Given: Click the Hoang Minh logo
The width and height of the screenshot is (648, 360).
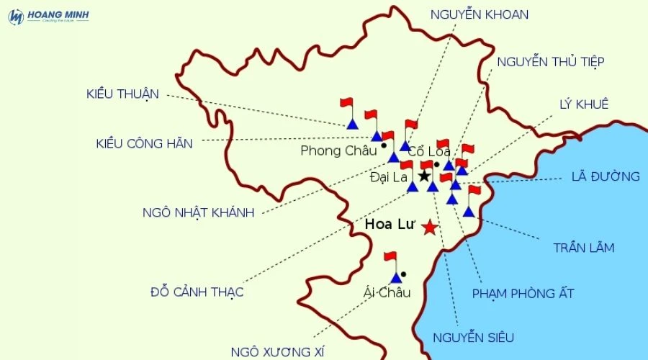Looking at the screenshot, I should click(x=48, y=16).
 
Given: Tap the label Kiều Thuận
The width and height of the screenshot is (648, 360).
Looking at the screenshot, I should click(x=122, y=94).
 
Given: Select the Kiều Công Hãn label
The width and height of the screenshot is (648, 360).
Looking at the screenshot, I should click(x=145, y=143).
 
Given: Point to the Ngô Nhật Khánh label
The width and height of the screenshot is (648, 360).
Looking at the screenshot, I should click(x=199, y=212).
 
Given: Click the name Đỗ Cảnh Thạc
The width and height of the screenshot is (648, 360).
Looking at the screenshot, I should click(x=197, y=292).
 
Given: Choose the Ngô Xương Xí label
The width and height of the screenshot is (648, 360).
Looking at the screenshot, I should click(x=278, y=351).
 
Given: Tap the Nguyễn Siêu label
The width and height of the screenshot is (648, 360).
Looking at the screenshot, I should click(x=473, y=337).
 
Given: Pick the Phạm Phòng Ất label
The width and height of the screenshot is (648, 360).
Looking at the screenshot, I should click(x=523, y=293).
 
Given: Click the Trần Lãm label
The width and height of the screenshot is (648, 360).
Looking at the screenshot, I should click(x=583, y=248).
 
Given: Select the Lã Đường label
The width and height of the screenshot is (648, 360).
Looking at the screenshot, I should click(x=605, y=176).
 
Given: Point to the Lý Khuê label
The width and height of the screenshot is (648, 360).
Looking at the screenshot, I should click(x=583, y=104).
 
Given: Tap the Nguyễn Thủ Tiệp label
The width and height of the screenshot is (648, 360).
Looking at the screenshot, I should click(x=550, y=61).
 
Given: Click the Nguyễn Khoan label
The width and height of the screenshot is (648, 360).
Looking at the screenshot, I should click(x=480, y=14).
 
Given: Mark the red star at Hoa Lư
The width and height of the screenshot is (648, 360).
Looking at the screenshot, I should click(x=429, y=228).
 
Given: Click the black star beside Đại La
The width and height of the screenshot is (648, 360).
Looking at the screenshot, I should click(x=424, y=176).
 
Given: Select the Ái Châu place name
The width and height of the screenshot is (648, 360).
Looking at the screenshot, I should click(x=387, y=292).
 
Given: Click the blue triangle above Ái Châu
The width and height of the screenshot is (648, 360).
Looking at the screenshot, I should click(x=395, y=277).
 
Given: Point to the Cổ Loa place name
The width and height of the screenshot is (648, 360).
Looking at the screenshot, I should click(x=429, y=152).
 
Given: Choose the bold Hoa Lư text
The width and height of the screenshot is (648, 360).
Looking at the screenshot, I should click(x=390, y=225).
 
